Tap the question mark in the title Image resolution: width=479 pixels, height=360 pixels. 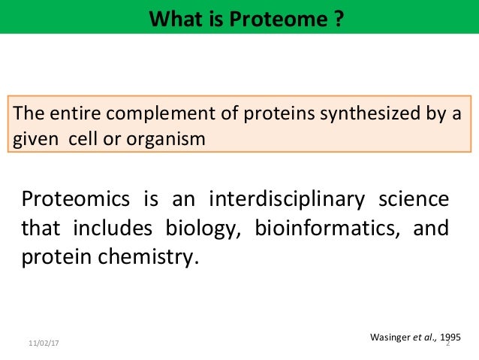tap(339, 16)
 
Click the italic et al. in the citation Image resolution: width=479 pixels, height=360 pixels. tap(417, 337)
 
